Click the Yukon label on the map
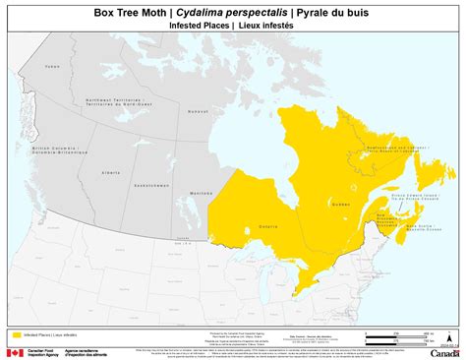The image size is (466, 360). [52, 67]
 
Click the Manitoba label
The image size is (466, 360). [201, 193]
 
